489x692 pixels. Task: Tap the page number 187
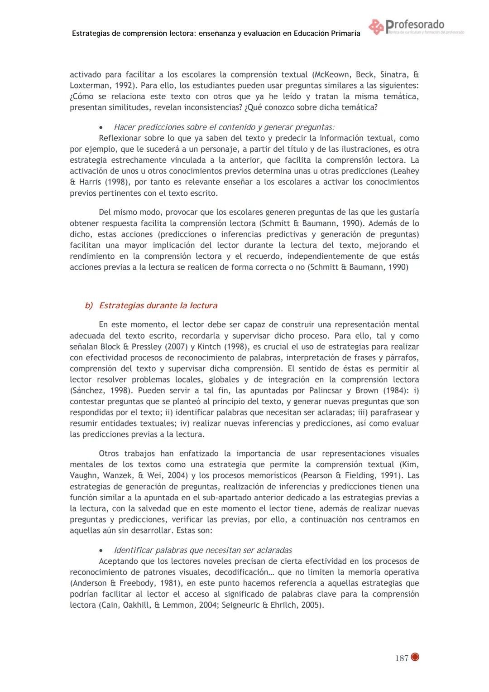click(401, 658)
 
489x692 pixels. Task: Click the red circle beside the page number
click(415, 657)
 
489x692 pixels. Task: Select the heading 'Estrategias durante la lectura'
click(158, 305)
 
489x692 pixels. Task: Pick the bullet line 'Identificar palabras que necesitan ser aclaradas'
click(202, 550)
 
